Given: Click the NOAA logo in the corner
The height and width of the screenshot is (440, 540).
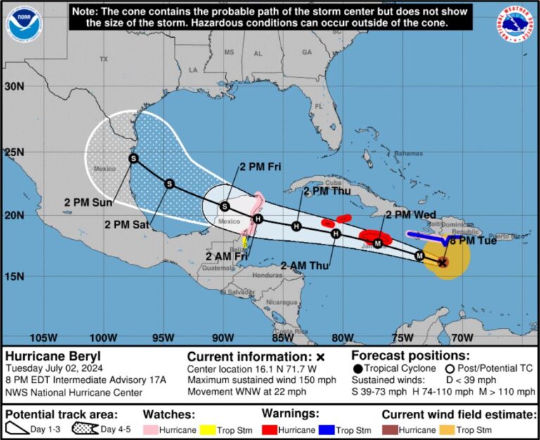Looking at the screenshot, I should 24,24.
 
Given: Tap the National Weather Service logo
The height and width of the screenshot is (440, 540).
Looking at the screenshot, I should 516,24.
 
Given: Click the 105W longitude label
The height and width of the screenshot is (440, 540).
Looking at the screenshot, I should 44,338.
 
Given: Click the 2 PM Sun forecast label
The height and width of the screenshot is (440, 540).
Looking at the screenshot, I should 91,203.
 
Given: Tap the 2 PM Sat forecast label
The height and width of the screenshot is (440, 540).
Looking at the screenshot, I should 127,225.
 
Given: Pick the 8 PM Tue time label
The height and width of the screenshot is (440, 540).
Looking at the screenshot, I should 473,241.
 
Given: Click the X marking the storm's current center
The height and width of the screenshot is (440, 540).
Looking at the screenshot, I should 442,263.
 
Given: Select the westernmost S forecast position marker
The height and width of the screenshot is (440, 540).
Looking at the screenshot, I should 134,159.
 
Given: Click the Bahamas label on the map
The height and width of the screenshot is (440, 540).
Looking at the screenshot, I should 409,153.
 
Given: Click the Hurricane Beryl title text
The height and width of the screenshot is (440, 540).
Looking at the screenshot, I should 52,356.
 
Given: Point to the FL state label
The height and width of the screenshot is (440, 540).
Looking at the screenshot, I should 319,106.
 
